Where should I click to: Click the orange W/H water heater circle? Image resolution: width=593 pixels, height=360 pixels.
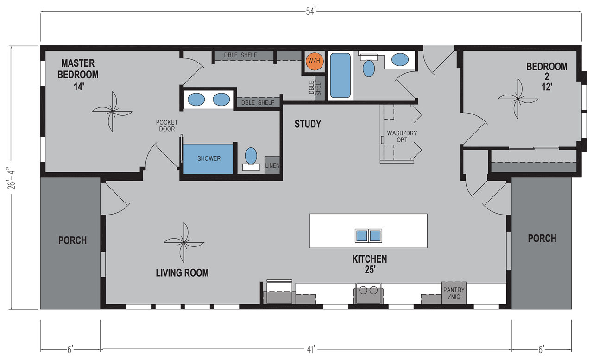click(314, 61)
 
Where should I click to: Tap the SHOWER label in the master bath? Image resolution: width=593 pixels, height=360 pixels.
click(209, 158)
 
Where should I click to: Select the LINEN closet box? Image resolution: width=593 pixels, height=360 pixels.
click(272, 165)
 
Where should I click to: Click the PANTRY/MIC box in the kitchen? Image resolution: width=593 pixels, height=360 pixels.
click(454, 293)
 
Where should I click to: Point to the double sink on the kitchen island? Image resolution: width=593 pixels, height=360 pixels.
click(368, 235)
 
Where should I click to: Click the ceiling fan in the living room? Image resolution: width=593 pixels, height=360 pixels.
click(184, 242)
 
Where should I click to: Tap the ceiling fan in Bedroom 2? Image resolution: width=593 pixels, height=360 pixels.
click(518, 99)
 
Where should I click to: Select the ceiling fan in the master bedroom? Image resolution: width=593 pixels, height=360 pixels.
click(113, 112)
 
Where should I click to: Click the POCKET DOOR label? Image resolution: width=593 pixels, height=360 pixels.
click(167, 126)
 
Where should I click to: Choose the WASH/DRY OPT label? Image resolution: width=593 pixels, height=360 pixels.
click(402, 136)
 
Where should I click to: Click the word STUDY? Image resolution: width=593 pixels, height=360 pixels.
click(308, 124)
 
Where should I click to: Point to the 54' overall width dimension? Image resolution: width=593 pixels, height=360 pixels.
click(311, 12)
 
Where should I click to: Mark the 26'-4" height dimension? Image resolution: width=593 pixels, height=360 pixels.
click(12, 178)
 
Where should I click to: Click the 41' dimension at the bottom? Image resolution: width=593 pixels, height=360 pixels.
click(311, 349)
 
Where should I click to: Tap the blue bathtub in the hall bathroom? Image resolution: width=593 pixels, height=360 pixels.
click(340, 76)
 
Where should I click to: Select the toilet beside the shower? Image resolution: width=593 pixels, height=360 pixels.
click(251, 159)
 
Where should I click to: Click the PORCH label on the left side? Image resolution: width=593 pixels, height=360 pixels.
click(73, 240)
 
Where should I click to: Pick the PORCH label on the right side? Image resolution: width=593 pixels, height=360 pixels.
click(542, 239)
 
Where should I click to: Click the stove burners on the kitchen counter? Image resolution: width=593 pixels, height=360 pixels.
click(368, 291)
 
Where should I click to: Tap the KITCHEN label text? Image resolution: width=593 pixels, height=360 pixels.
click(370, 259)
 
